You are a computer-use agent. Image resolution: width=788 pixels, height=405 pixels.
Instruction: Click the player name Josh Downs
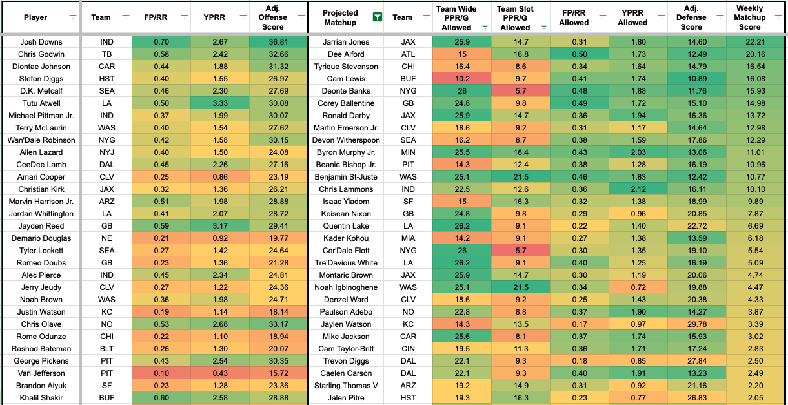[x=41, y=42]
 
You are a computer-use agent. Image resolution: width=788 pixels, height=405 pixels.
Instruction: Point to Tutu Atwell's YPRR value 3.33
[x=220, y=103]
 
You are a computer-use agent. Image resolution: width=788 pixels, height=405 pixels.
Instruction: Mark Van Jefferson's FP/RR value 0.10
[x=161, y=373]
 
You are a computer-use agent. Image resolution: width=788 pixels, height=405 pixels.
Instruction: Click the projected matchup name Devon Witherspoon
[x=347, y=140]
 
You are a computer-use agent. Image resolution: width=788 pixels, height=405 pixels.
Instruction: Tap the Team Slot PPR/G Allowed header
[x=515, y=18]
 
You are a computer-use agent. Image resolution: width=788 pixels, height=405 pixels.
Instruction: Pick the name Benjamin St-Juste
[x=347, y=177]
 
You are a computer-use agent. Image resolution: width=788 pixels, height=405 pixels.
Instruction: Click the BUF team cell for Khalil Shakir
[x=107, y=398]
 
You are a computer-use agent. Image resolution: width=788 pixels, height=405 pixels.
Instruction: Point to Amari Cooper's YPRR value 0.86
[x=220, y=177]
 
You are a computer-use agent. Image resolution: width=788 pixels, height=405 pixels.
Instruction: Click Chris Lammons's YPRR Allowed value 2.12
[x=632, y=189]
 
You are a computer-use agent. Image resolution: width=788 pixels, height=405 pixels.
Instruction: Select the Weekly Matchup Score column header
[x=749, y=18]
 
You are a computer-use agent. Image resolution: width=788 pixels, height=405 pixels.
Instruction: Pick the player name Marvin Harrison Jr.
[x=41, y=202]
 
